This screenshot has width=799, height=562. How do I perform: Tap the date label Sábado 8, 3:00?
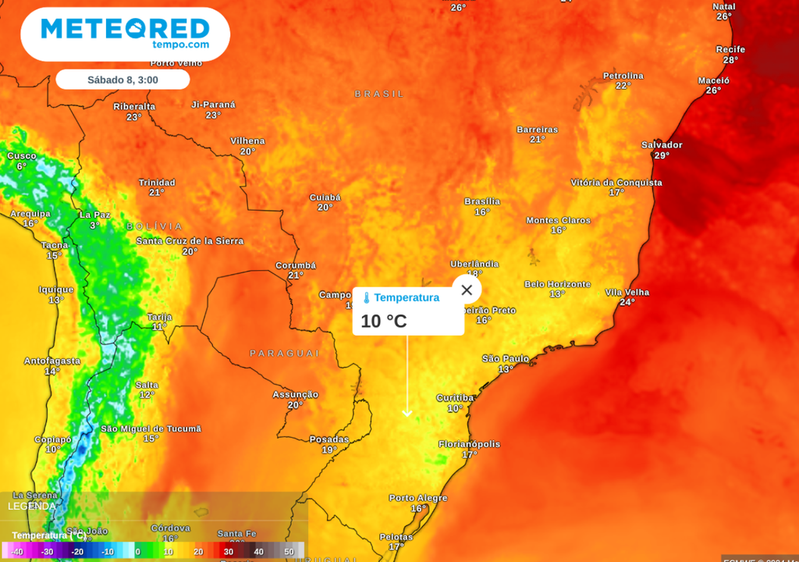(123, 80)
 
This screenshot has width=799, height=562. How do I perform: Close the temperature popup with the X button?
(467, 290)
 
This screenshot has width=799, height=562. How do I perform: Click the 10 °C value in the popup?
(383, 321)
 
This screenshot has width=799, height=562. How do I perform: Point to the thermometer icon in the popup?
(366, 298)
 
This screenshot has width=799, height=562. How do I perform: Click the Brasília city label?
(482, 201)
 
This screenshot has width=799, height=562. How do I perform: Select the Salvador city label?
(662, 145)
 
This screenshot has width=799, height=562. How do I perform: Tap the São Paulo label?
(505, 358)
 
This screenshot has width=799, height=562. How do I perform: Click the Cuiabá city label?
(325, 197)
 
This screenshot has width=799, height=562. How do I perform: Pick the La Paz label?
(95, 215)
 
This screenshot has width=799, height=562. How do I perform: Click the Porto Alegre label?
(418, 498)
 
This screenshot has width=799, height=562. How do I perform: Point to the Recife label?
(730, 49)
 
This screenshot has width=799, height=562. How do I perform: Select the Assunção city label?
(295, 395)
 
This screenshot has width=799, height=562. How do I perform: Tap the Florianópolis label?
(469, 444)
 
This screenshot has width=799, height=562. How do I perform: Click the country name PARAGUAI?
(285, 354)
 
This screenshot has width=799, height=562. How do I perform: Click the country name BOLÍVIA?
(154, 226)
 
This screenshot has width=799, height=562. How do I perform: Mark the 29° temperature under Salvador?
(662, 156)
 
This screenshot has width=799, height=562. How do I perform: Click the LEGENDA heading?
(32, 506)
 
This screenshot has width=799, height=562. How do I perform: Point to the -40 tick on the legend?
(17, 552)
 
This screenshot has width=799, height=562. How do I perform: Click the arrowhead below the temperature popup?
(407, 413)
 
